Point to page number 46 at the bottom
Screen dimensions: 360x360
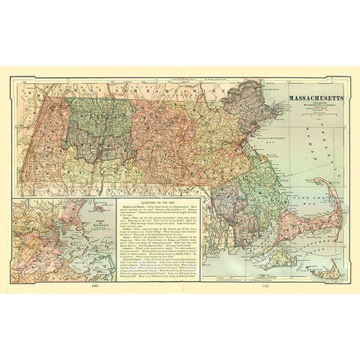[x=94, y=286]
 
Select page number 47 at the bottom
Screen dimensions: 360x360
[x=265, y=286]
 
